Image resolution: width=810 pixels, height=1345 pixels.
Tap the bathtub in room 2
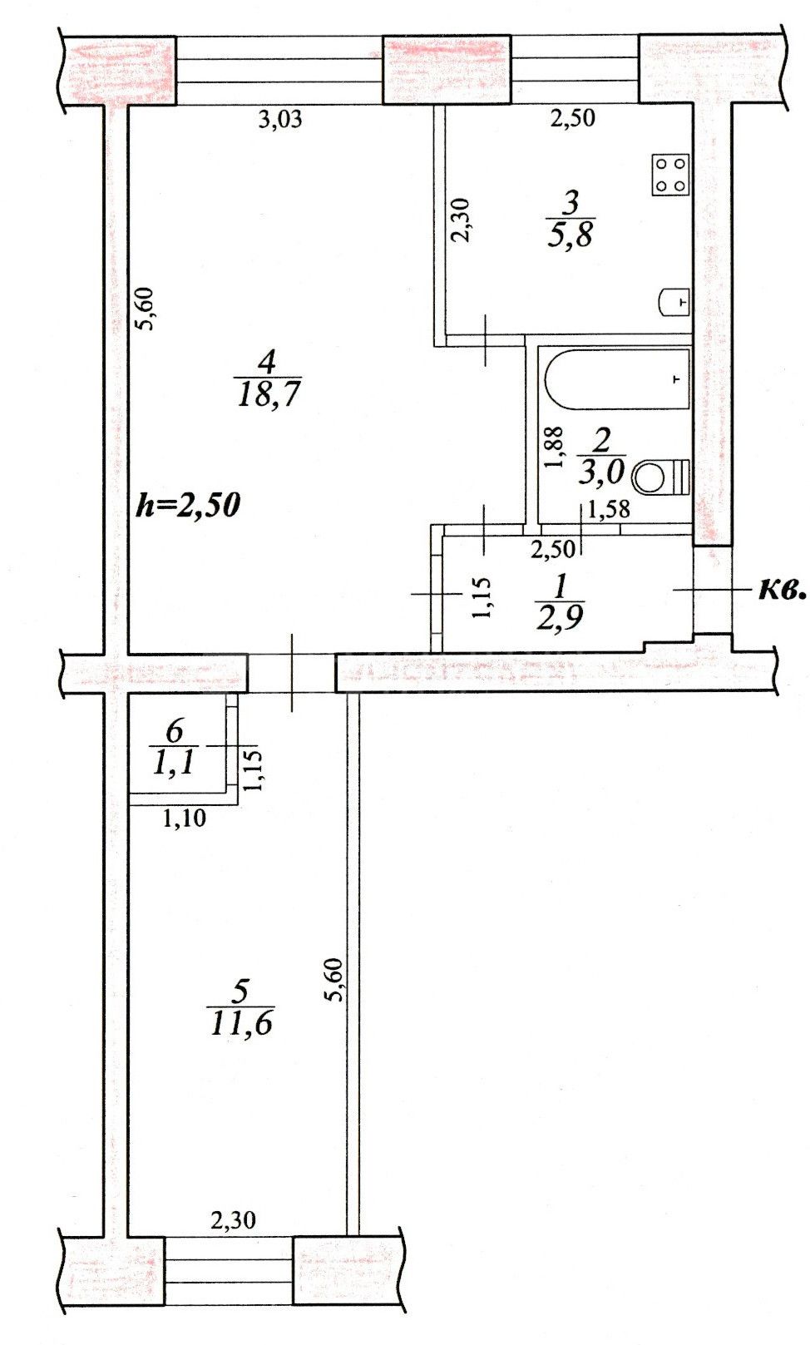617,379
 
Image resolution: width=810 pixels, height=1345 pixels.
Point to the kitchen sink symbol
674,303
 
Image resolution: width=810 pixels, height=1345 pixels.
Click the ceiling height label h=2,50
188,506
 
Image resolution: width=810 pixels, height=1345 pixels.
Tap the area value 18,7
268,394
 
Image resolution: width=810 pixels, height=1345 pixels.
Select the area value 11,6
241,1023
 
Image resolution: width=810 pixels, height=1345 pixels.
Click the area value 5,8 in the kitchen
570,234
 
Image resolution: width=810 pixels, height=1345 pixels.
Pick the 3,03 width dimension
279,120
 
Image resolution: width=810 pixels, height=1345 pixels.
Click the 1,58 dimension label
609,509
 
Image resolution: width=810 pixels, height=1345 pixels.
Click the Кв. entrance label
781,591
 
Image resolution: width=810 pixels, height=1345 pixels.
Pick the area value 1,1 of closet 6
174,765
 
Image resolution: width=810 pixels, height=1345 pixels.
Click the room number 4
266,363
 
